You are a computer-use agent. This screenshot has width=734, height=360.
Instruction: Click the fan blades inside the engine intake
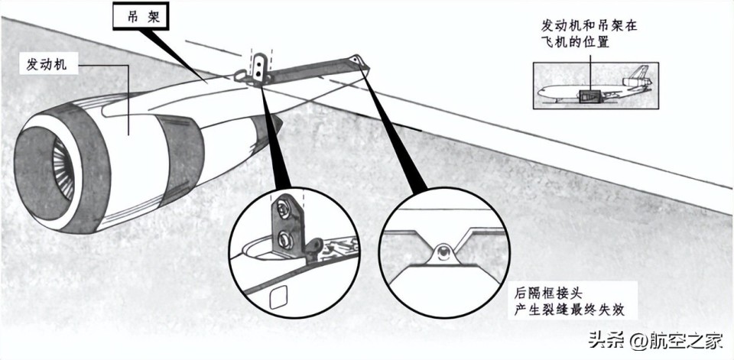(x=62, y=168)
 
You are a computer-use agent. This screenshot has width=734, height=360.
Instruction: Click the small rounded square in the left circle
(x=281, y=294)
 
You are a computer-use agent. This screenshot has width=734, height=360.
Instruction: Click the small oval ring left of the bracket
(x=240, y=74)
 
